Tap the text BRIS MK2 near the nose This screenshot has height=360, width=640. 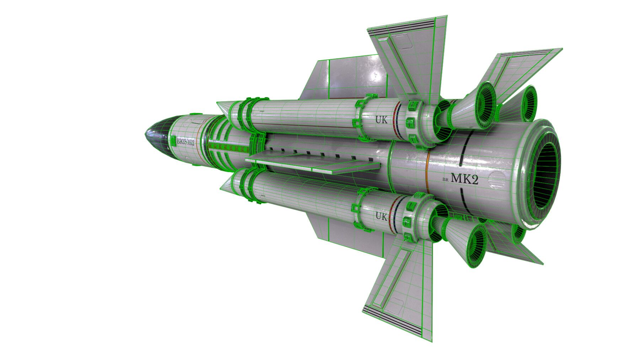[x=186, y=142]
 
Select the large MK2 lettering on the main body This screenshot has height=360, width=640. [x=464, y=178]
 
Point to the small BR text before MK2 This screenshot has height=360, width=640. [x=446, y=180]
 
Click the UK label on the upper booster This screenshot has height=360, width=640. [x=381, y=120]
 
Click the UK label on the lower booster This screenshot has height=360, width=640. [x=381, y=216]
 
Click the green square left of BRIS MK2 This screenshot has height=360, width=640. [x=173, y=140]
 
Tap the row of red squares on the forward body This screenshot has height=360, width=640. [x=228, y=146]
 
